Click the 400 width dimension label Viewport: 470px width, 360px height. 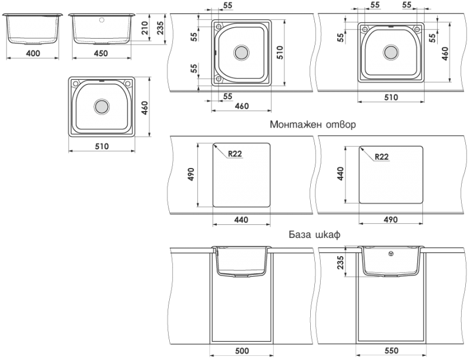coord(33,53)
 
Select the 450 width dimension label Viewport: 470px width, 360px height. coord(100,53)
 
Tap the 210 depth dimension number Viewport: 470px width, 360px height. coord(145,28)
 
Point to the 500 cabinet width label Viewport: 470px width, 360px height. coord(242,351)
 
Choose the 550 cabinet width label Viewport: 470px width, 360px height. coord(391,351)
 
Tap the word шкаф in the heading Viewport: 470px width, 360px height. coord(328,234)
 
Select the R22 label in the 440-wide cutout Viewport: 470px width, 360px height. coord(234,154)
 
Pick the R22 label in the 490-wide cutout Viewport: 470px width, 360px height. coord(381,157)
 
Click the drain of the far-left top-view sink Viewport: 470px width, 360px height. coord(102,106)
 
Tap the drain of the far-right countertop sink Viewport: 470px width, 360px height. coord(391,52)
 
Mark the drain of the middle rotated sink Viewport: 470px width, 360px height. coord(241,53)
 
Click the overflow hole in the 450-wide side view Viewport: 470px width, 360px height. coord(102,21)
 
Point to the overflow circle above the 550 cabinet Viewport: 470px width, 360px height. coord(391,254)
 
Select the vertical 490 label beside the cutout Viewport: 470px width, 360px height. coord(190,174)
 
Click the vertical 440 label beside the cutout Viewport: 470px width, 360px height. coord(340,174)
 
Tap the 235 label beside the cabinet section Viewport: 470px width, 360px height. coord(341,263)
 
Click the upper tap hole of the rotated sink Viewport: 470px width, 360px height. coord(219,26)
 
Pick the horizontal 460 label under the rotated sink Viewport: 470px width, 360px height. coord(241,106)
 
